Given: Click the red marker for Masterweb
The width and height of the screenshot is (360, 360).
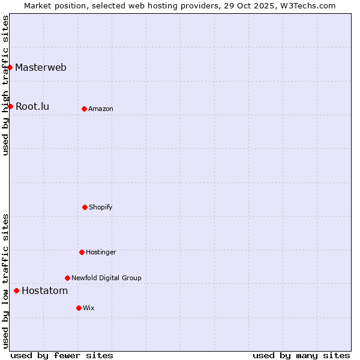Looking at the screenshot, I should [x=10, y=67].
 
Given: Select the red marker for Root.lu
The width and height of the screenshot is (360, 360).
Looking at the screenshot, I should [x=10, y=106].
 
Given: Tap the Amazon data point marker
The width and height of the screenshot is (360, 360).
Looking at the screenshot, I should [x=84, y=109].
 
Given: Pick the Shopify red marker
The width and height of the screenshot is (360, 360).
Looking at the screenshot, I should [x=85, y=207].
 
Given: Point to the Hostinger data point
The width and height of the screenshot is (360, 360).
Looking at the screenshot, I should [x=82, y=252].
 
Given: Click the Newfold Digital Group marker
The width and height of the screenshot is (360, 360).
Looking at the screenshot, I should [x=67, y=278].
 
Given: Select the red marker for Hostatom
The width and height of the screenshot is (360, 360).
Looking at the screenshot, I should [x=16, y=290].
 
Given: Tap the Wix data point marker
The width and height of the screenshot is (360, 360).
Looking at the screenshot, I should [x=79, y=308].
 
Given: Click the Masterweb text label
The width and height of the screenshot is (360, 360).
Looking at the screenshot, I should [x=41, y=67].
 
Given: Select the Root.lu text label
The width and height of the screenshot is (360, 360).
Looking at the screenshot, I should [x=32, y=106].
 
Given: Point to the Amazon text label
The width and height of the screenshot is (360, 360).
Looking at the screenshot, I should [x=101, y=109].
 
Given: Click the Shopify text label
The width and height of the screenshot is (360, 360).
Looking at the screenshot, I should [x=101, y=207].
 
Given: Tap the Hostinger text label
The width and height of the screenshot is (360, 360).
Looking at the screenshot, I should [x=101, y=252].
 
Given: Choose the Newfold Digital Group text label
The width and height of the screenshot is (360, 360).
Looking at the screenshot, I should [x=106, y=278].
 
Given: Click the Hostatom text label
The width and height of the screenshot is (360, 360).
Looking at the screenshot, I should [x=44, y=290].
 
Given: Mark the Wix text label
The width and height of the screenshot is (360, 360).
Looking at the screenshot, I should [x=89, y=308].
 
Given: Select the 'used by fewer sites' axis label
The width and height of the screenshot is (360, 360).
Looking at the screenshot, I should [x=62, y=355].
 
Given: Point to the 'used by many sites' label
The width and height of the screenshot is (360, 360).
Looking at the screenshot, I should [x=301, y=355].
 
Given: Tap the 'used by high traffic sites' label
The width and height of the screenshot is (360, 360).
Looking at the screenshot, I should [x=5, y=85].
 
